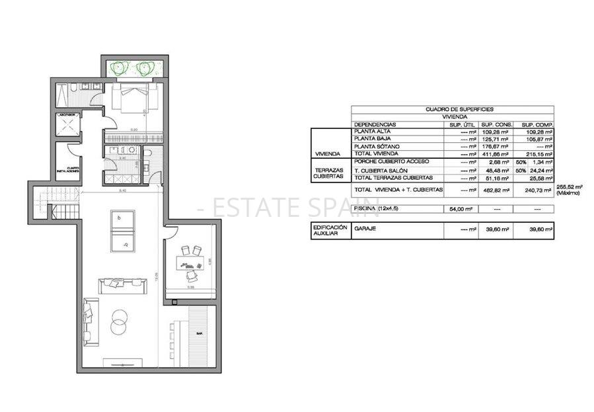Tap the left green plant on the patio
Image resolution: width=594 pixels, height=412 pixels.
[x=120, y=66]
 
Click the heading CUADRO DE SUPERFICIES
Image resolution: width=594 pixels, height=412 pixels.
[x=453, y=109]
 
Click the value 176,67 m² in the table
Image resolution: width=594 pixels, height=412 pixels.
[x=494, y=145]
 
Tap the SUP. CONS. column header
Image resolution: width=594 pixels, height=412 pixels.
[x=494, y=124]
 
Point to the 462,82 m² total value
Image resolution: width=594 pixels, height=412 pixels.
[x=494, y=190]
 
